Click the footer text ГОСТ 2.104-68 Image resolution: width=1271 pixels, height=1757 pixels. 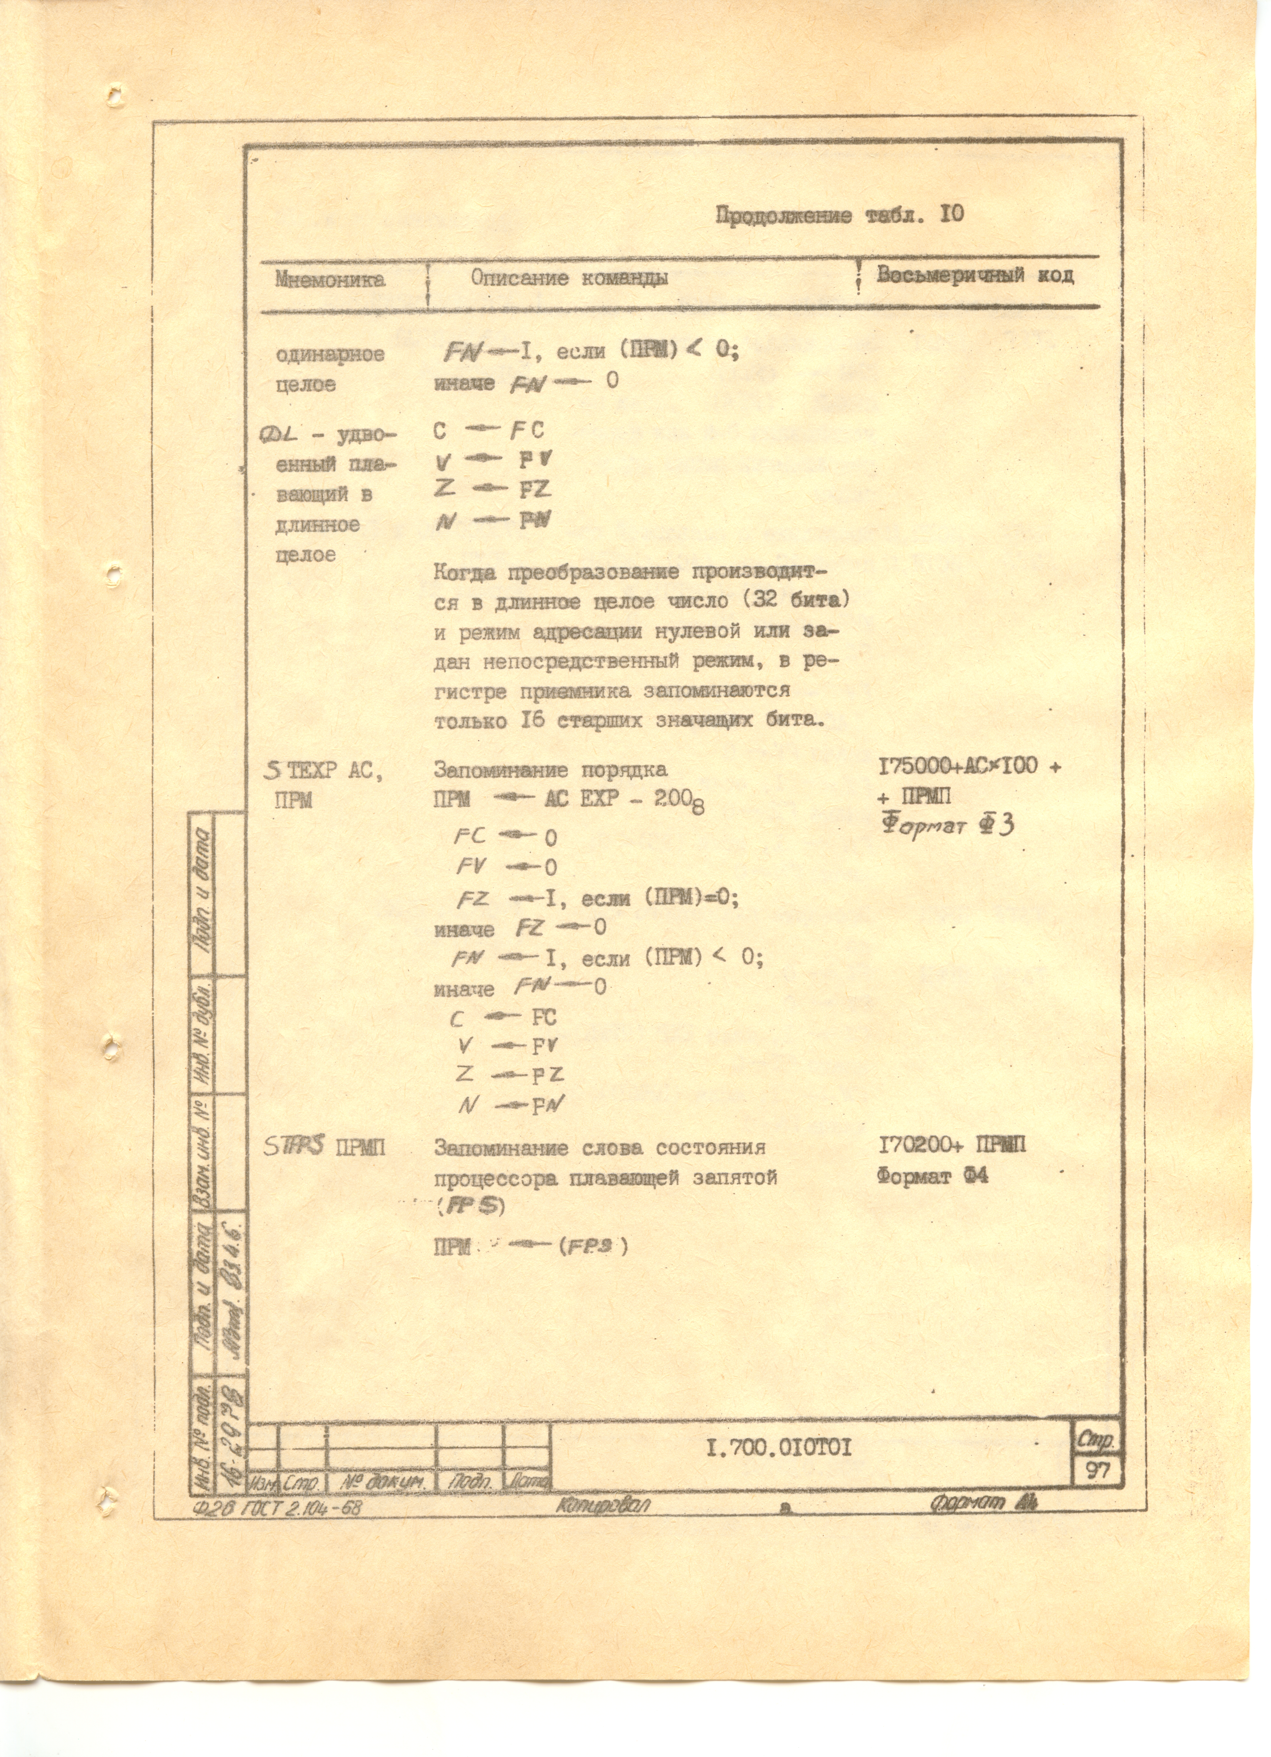(302, 1507)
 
